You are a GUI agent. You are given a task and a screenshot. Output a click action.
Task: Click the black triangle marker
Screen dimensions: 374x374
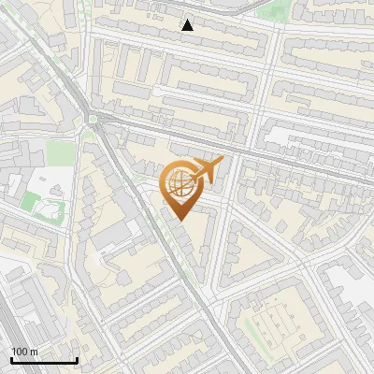tap(188, 25)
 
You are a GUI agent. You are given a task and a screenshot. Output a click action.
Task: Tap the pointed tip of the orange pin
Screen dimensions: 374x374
tap(180, 220)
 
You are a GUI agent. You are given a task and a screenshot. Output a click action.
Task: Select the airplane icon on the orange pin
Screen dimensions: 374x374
tap(207, 169)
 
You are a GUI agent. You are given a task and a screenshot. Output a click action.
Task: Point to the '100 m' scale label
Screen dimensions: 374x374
tap(24, 351)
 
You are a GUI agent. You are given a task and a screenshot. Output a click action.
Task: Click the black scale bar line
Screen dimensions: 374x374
tap(44, 360)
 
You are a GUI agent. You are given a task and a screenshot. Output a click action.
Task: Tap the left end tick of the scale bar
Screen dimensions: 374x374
tap(12, 359)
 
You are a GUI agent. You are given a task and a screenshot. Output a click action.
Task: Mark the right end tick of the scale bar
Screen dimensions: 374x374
tap(77, 359)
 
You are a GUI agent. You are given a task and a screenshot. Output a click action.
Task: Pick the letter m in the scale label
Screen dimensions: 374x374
tap(34, 351)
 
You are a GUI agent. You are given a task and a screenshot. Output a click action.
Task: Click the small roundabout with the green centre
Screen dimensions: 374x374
tap(93, 119)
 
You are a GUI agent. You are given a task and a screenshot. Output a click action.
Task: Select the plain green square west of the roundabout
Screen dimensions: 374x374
tap(60, 152)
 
